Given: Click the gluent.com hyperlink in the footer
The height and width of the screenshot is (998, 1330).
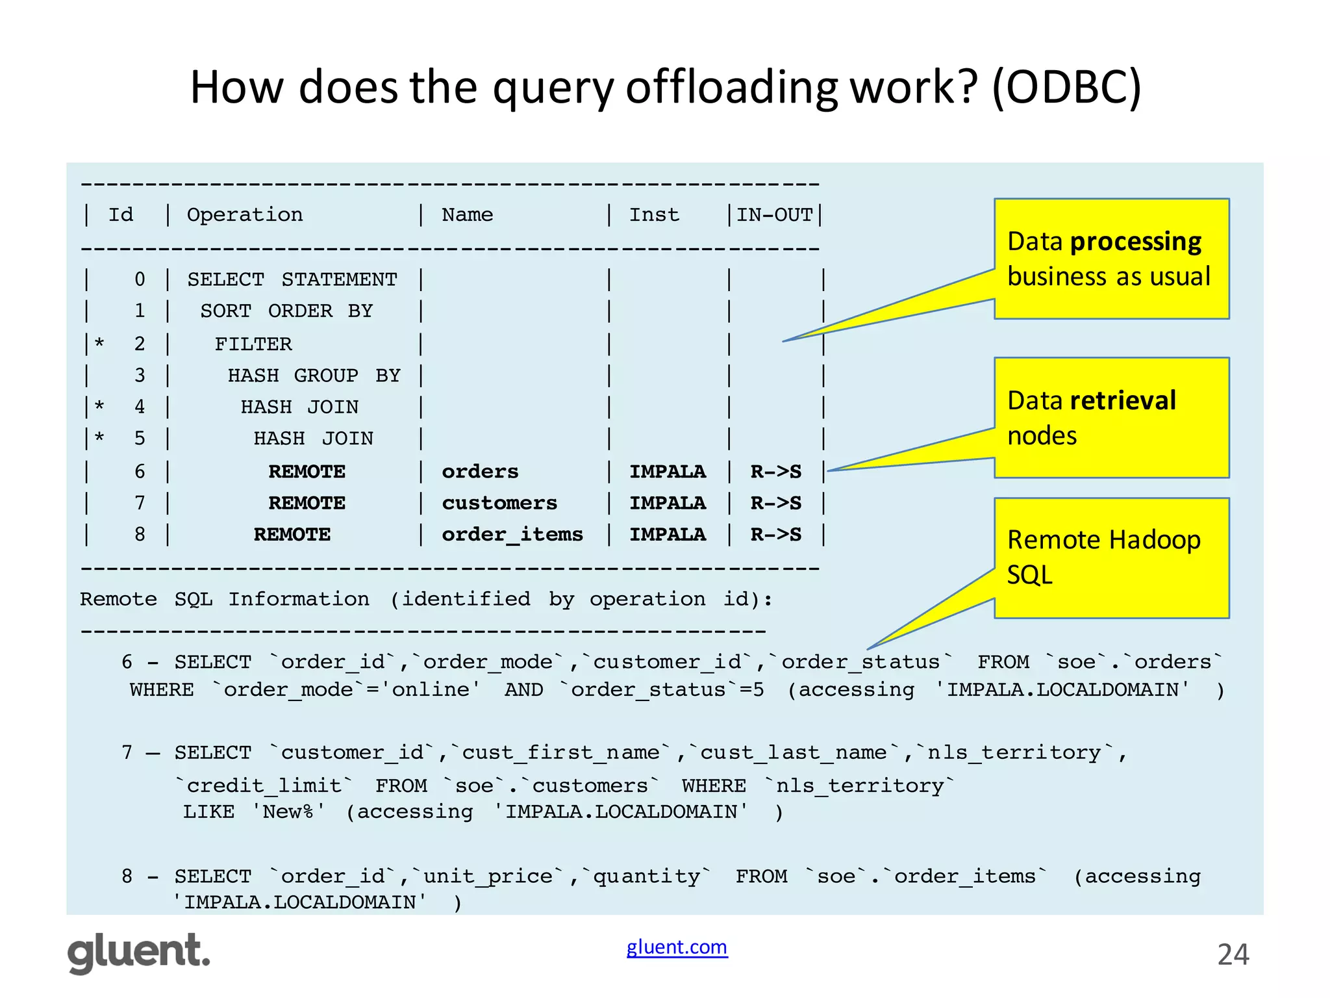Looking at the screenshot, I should [677, 947].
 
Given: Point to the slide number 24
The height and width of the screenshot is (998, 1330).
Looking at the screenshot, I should [1233, 954].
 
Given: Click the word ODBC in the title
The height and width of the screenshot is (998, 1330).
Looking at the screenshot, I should [1065, 87].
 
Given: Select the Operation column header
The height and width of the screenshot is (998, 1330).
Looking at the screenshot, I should [245, 214].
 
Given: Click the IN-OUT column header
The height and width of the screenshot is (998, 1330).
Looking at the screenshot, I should [774, 214].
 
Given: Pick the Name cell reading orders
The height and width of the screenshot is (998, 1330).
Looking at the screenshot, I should [480, 471].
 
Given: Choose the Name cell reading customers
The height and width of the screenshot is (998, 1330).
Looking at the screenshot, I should [499, 503].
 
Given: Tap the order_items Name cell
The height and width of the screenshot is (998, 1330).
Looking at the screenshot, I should [512, 534].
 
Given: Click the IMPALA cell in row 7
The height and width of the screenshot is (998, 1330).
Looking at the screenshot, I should [667, 503].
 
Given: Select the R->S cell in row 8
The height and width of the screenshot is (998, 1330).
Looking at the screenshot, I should [775, 534].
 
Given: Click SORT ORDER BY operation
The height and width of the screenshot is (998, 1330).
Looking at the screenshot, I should [286, 311].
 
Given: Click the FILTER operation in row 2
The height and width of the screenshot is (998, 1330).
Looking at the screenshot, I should [253, 344].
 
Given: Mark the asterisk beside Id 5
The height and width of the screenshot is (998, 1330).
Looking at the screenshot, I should [99, 437].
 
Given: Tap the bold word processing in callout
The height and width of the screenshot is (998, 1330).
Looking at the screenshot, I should [1136, 242].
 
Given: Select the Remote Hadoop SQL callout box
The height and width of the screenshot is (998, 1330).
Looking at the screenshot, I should [1111, 557].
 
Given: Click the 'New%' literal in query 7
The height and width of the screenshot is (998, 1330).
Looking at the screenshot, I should [288, 812].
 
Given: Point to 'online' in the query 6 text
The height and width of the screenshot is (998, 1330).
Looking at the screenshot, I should [431, 689].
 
